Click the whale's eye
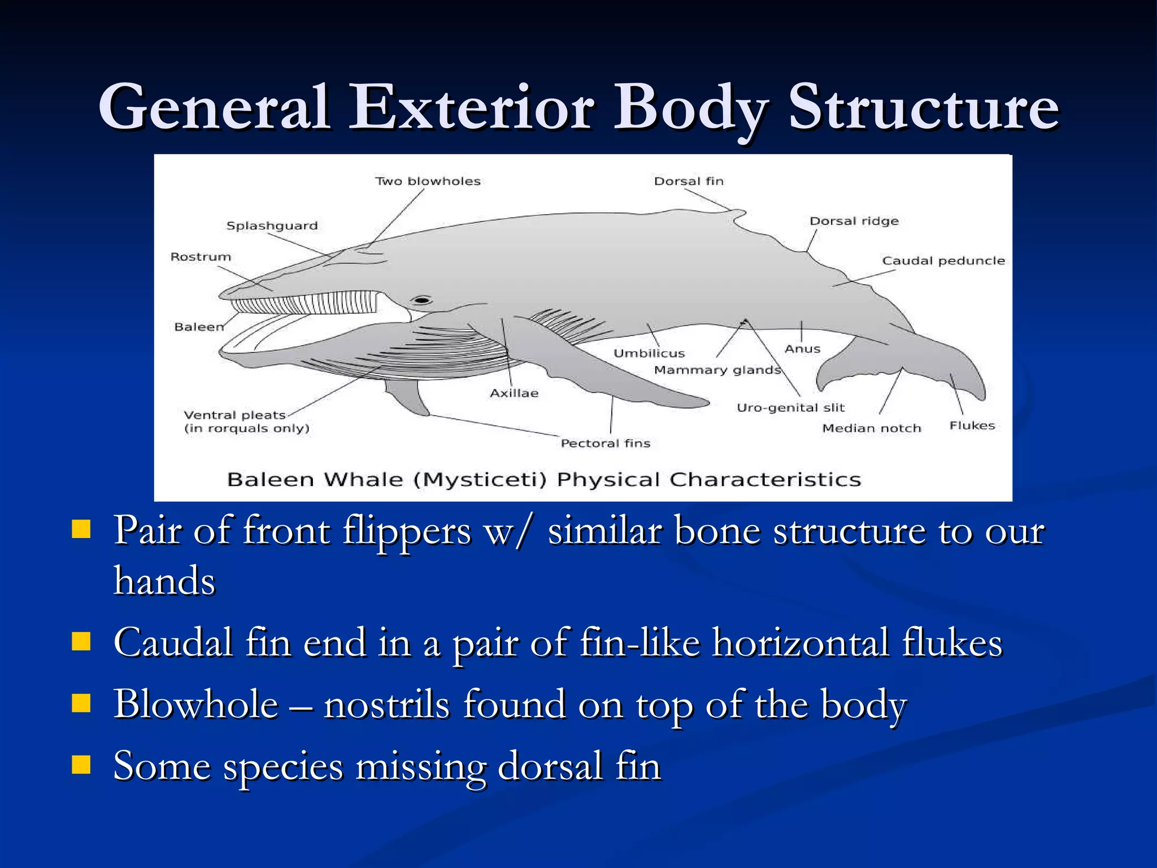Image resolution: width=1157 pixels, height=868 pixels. [421, 300]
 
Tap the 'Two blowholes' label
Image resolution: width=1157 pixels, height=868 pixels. [428, 181]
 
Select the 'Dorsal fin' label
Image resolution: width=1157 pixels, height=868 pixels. [689, 181]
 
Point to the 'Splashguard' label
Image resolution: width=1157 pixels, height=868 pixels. [272, 225]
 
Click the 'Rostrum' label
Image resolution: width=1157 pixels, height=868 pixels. [201, 257]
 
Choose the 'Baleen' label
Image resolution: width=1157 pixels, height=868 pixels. [199, 327]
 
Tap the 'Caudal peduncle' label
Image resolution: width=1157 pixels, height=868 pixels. [943, 261]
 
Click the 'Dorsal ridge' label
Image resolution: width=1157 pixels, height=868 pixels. [854, 221]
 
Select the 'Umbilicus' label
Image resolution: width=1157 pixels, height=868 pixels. [649, 354]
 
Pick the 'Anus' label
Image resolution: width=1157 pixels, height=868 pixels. [802, 349]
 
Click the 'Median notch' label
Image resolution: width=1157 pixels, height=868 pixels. [871, 428]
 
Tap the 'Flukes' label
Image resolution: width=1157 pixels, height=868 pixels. [972, 426]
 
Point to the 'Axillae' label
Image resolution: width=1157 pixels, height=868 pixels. [514, 393]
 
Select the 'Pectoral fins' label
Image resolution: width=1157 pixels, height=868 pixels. [605, 444]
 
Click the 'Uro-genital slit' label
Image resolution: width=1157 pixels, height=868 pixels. [790, 408]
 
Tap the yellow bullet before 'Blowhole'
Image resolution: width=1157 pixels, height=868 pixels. [81, 704]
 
